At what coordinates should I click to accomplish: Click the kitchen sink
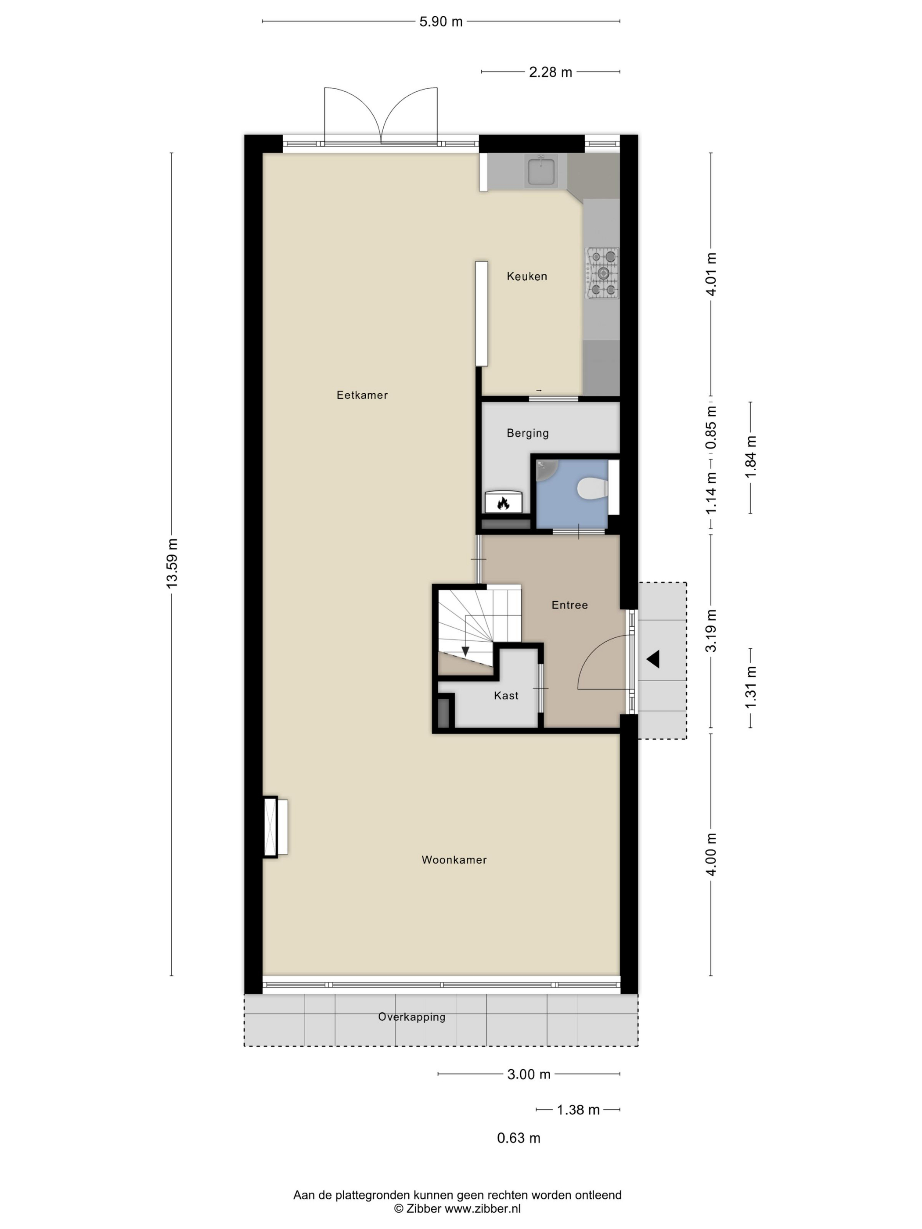pos(541,170)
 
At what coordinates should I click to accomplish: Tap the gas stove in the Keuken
pos(602,273)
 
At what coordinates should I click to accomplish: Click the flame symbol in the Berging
pos(504,503)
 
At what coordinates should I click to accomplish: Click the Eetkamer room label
pos(362,395)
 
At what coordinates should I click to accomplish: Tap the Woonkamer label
pos(454,859)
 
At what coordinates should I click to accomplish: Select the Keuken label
pos(527,276)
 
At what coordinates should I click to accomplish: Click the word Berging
pos(527,433)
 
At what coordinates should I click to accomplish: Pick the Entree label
pos(569,604)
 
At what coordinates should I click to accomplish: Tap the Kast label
pos(506,695)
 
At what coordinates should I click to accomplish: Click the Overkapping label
pos(412,1017)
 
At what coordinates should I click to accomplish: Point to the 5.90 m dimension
pos(441,22)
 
